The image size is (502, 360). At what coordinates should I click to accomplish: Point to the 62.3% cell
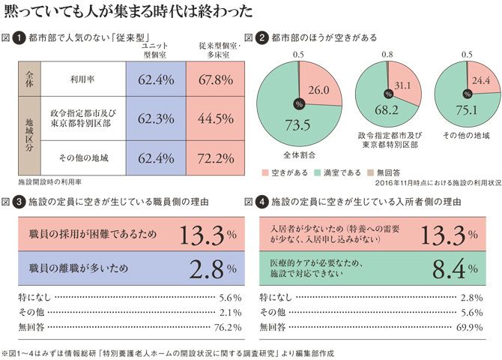point(157,118)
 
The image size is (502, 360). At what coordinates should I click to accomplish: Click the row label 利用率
point(82,79)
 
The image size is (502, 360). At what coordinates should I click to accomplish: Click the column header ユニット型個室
point(157,50)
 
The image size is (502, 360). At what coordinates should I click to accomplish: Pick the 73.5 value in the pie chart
point(288,125)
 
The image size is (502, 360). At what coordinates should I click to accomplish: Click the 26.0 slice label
point(318,89)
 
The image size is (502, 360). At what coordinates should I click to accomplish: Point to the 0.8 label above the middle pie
point(387,55)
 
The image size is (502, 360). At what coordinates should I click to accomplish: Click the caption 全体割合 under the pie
point(300,156)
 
